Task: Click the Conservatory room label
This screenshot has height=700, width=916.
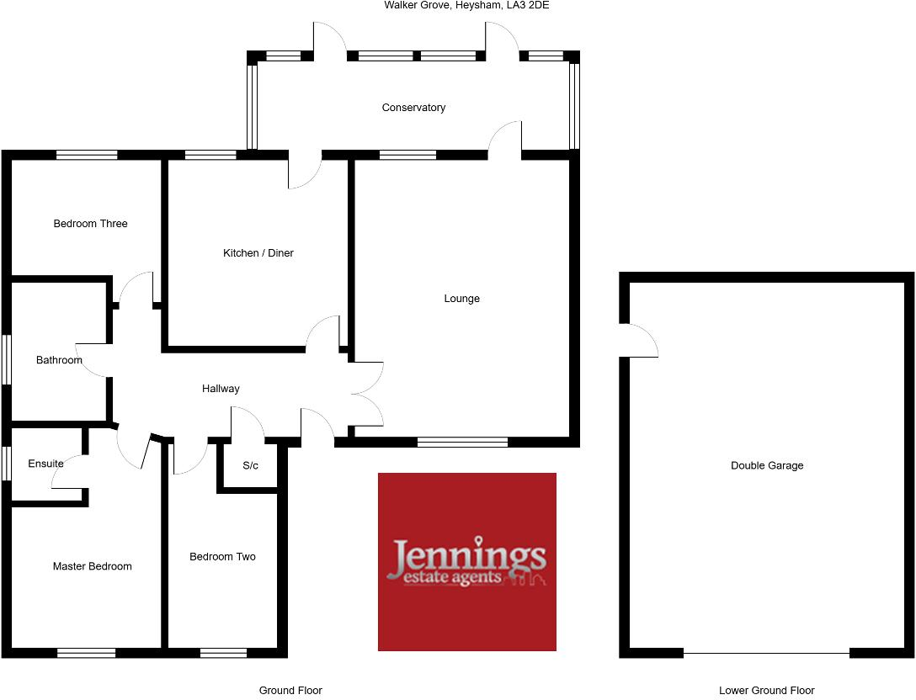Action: (413, 108)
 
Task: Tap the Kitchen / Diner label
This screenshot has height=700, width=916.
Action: (258, 253)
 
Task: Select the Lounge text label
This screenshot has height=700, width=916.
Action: (462, 299)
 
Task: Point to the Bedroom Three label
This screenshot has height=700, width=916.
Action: (90, 224)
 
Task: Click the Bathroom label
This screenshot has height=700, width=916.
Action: (59, 360)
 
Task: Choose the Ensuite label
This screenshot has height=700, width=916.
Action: (45, 464)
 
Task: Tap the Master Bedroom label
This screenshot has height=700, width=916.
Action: (92, 566)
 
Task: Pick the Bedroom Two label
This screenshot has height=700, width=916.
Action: (222, 557)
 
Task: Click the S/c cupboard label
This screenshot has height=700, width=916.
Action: (250, 465)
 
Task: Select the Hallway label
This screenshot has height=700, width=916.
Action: (221, 389)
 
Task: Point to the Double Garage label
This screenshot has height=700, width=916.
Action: (767, 465)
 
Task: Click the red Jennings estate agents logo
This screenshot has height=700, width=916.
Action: (467, 562)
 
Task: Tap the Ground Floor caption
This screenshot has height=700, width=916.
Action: (290, 691)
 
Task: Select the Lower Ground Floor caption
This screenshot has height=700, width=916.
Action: (767, 691)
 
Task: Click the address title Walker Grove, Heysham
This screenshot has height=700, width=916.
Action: (466, 5)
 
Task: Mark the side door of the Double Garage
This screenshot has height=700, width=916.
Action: (638, 341)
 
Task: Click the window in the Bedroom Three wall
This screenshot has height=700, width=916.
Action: (87, 155)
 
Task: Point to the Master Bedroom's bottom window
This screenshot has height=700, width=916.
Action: (86, 652)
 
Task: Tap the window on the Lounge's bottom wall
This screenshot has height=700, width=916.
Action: (462, 442)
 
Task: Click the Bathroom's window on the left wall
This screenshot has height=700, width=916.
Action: (6, 360)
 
